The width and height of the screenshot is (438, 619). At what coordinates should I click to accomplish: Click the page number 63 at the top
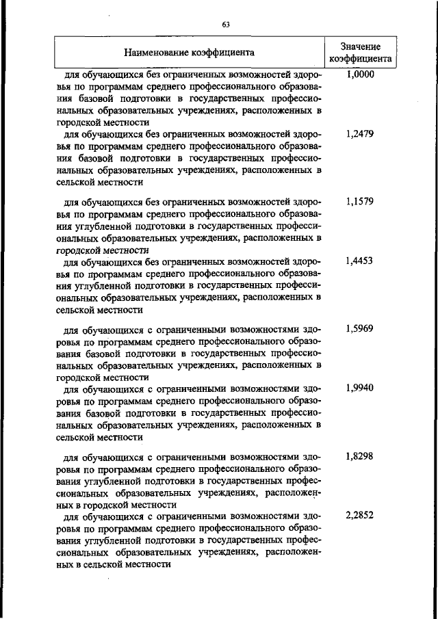tap(224, 25)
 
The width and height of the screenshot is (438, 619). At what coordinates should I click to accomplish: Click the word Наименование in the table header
tap(157, 51)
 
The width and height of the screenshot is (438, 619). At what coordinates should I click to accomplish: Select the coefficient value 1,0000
tap(360, 75)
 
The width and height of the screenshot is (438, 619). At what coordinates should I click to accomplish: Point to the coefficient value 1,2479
tap(360, 134)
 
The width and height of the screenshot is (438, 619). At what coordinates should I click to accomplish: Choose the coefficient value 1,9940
tap(360, 388)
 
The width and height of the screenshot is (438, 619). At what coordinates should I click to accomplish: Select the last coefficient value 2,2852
tap(360, 515)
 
